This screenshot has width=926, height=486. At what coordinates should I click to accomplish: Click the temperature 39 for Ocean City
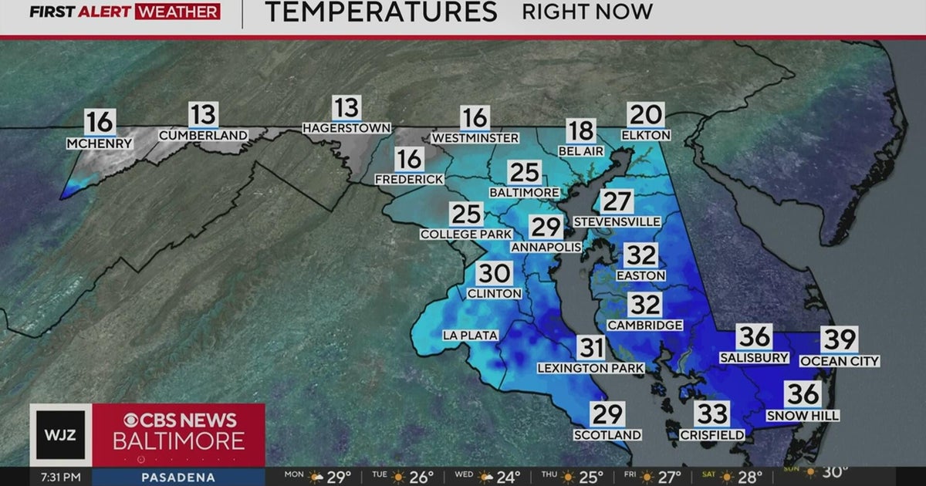[839, 340]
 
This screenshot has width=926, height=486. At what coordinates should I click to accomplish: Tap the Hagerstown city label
[346, 127]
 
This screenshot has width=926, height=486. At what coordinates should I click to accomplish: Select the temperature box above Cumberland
[204, 115]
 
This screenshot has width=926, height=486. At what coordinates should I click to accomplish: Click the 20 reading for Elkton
[646, 115]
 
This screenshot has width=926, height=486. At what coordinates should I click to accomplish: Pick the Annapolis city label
[546, 247]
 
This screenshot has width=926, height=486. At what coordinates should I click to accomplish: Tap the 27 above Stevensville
[617, 202]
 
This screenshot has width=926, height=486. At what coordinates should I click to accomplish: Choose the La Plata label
[470, 335]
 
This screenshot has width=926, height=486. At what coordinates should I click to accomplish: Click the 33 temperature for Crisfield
[711, 414]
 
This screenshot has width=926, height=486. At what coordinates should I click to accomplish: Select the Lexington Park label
[590, 369]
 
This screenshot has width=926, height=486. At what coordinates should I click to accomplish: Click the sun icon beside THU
[568, 477]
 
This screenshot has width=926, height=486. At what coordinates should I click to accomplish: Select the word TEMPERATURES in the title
[380, 12]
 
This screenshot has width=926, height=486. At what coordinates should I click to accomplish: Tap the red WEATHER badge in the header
[177, 12]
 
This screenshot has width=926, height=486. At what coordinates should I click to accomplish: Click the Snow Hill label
[803, 416]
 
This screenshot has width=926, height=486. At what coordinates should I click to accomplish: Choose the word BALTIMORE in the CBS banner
[178, 441]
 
